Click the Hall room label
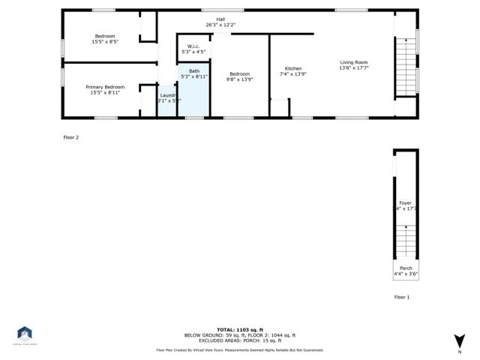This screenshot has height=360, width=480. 220,19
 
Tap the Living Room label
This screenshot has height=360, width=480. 354,62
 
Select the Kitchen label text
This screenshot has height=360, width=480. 292,68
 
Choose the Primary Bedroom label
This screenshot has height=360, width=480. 105,87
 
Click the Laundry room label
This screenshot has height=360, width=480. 168,95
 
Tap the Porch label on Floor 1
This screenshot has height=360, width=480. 405,268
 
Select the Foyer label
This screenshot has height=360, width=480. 405,202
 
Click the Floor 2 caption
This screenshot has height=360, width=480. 71,137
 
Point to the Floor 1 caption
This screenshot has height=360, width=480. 403,297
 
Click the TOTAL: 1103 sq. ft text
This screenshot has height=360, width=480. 240,330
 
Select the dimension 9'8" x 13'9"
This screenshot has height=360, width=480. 239,79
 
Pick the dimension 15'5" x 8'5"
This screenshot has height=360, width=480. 105,41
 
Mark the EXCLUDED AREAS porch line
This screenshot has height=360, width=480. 240,340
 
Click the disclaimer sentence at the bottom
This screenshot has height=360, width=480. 240,349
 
